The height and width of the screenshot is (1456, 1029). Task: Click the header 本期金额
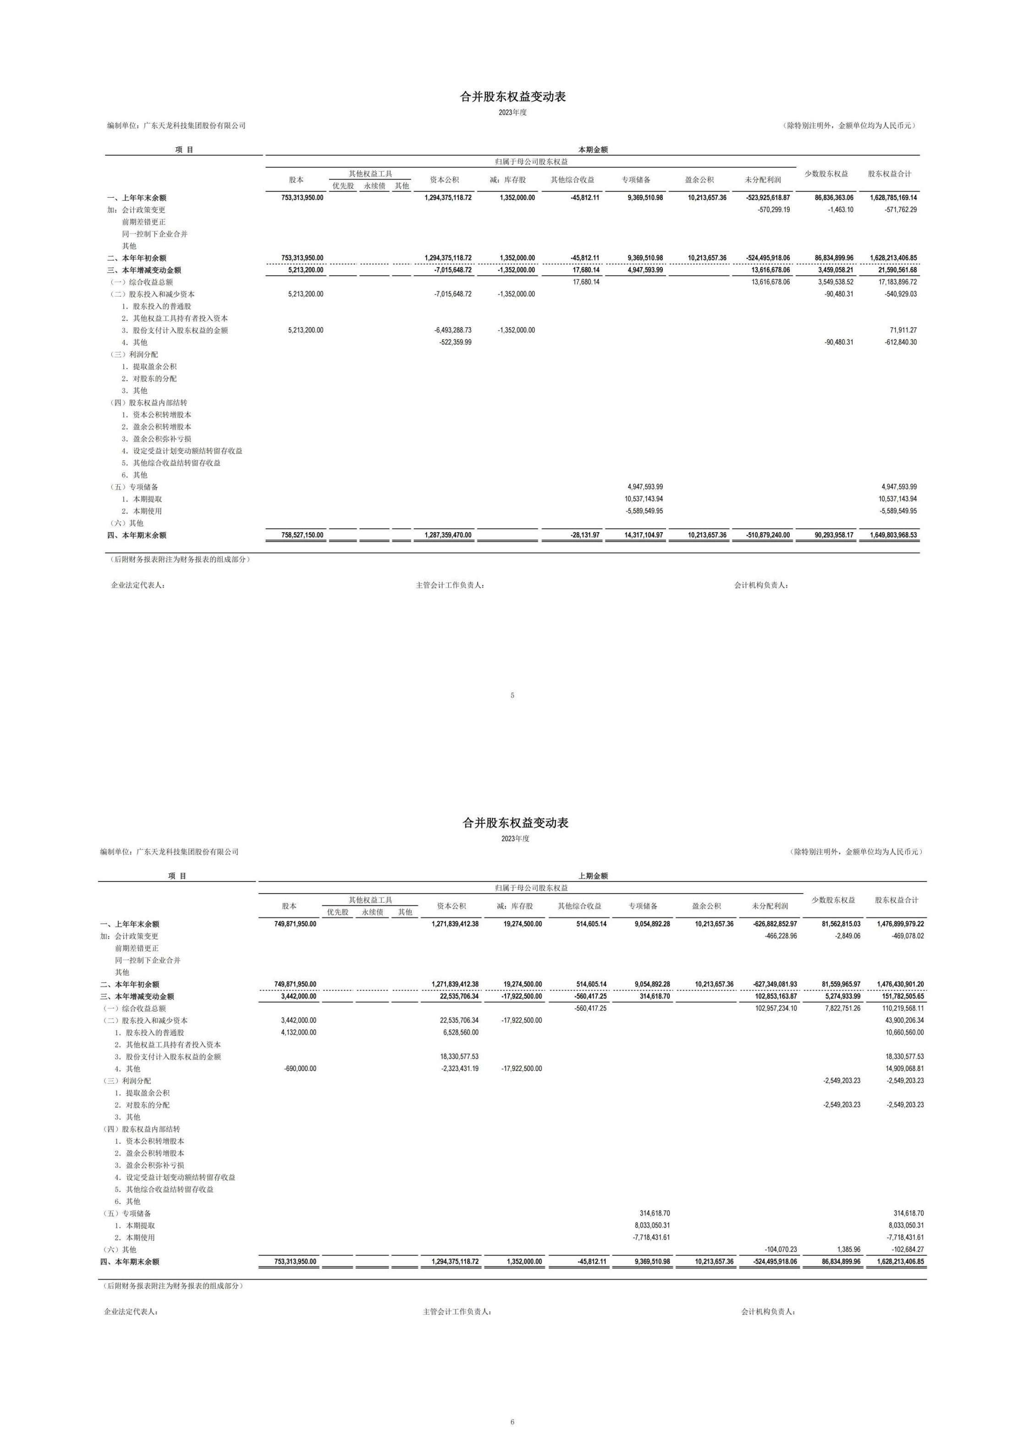pyautogui.click(x=592, y=149)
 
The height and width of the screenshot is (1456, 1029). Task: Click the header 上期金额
pyautogui.click(x=592, y=876)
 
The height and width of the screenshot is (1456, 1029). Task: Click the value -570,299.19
pyautogui.click(x=774, y=210)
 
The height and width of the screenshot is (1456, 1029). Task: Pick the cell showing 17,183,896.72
pyautogui.click(x=897, y=282)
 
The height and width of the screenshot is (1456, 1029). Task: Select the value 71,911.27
pyautogui.click(x=903, y=331)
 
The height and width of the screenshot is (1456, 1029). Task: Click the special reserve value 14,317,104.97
pyautogui.click(x=645, y=535)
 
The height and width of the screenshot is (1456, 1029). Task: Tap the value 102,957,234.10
pyautogui.click(x=776, y=1008)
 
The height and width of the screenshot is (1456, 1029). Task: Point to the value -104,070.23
pyautogui.click(x=781, y=1249)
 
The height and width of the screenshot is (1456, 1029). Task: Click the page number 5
pyautogui.click(x=512, y=695)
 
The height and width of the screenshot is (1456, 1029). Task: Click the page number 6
pyautogui.click(x=512, y=1422)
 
